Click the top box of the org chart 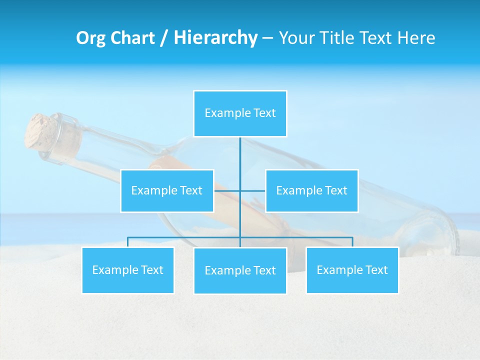click(240, 113)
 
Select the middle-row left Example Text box click(167, 190)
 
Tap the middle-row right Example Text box click(311, 190)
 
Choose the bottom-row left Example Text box click(127, 270)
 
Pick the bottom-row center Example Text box click(240, 270)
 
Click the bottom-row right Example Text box click(352, 270)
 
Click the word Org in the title click(90, 38)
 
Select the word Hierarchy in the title click(215, 38)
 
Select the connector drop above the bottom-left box click(127, 242)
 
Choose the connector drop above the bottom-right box click(352, 242)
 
